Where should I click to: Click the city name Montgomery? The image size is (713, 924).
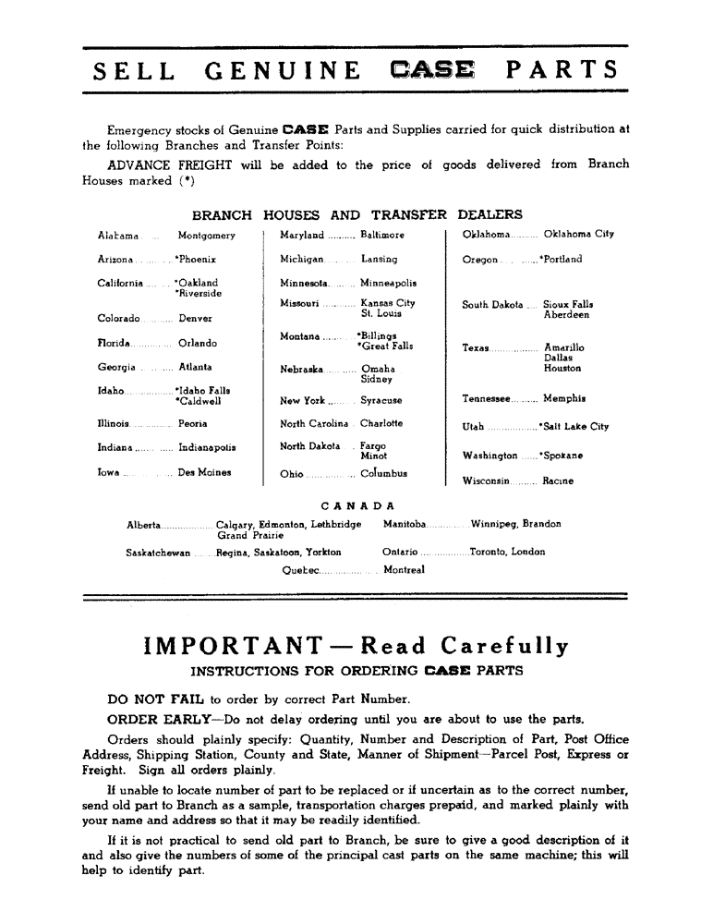tap(207, 236)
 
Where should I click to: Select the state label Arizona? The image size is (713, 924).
tap(115, 260)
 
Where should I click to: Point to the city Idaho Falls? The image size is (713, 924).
tap(204, 391)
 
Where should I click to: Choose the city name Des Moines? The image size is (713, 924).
tap(204, 472)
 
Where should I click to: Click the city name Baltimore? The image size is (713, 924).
tap(382, 236)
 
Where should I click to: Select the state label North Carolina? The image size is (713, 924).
tap(314, 424)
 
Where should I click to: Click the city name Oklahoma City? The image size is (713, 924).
tap(579, 235)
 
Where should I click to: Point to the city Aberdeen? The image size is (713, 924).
tap(566, 314)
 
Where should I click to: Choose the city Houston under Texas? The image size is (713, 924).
tap(562, 369)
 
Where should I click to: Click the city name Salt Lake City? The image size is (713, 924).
tap(575, 427)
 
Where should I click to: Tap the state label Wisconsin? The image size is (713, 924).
tap(488, 481)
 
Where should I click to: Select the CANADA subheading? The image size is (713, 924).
tap(356, 505)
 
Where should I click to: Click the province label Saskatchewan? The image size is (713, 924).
tap(158, 553)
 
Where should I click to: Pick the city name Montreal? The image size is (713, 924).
tap(404, 570)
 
